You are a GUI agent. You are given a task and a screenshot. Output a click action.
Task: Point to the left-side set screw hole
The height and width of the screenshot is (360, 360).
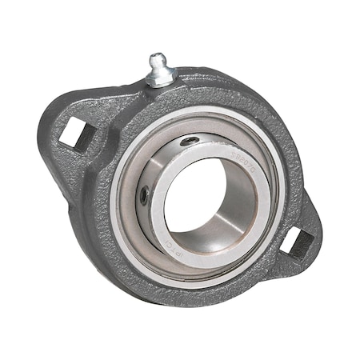[x=143, y=194]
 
